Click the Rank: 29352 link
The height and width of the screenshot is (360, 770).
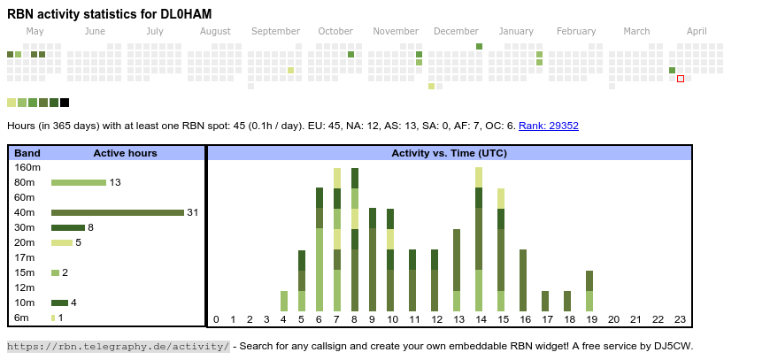pos(549,126)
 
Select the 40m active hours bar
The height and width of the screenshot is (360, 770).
pos(117,212)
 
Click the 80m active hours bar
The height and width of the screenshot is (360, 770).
pos(78,182)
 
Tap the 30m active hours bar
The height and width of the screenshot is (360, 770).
pos(68,227)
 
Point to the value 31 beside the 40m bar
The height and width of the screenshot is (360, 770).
pos(192,212)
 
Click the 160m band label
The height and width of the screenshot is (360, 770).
pos(27,167)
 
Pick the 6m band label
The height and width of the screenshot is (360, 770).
pos(21,318)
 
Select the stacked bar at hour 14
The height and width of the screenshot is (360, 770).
pos(479,239)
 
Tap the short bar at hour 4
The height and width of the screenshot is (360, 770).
pos(284,301)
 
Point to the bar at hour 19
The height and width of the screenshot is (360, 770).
pos(589,291)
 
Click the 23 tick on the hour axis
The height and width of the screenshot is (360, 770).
pos(680,319)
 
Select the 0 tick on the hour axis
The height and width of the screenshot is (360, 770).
pos(216,319)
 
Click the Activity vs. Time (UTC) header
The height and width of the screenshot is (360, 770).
pos(449,153)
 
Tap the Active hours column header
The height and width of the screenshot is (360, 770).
pos(125,153)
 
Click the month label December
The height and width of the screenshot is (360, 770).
pos(456,31)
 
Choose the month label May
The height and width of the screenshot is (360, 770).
pos(35,31)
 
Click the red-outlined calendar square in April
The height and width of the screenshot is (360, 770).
pos(681,79)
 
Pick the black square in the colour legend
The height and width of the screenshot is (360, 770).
pos(65,103)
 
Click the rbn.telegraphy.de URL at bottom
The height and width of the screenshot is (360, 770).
pos(119,346)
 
